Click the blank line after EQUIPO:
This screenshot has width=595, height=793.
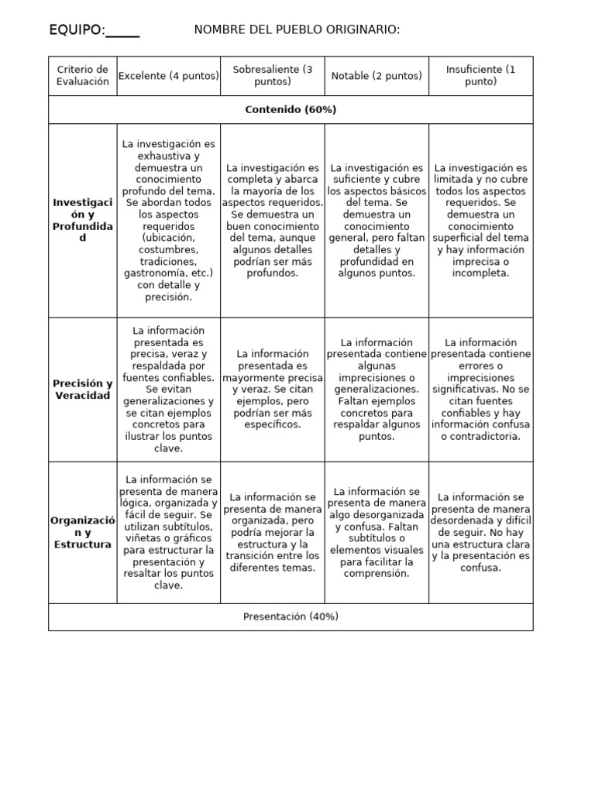pyautogui.click(x=122, y=31)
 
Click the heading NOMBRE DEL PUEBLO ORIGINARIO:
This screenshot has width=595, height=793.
pyautogui.click(x=297, y=29)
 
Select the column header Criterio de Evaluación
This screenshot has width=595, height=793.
pyautogui.click(x=83, y=75)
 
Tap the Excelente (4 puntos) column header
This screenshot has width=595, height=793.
pyautogui.click(x=168, y=76)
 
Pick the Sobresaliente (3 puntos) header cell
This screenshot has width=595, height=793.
pyautogui.click(x=272, y=75)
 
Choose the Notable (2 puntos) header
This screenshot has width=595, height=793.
pyautogui.click(x=377, y=76)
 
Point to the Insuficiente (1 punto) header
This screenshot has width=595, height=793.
pyautogui.click(x=480, y=75)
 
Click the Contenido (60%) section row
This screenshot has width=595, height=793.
pyautogui.click(x=291, y=110)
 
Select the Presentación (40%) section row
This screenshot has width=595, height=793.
pyautogui.click(x=291, y=616)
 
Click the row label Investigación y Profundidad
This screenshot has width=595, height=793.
pyautogui.click(x=83, y=220)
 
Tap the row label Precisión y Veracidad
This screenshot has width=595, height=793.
pyautogui.click(x=83, y=390)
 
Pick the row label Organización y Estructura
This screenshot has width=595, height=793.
pyautogui.click(x=83, y=532)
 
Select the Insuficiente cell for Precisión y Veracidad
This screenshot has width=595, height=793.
pyautogui.click(x=480, y=390)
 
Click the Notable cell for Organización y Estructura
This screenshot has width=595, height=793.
pyautogui.click(x=377, y=532)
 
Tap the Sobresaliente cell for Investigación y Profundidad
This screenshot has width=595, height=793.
pyautogui.click(x=272, y=220)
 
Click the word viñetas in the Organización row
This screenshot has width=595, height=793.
pyautogui.click(x=141, y=538)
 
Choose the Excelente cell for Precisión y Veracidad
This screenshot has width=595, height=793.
pyautogui.click(x=168, y=390)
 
